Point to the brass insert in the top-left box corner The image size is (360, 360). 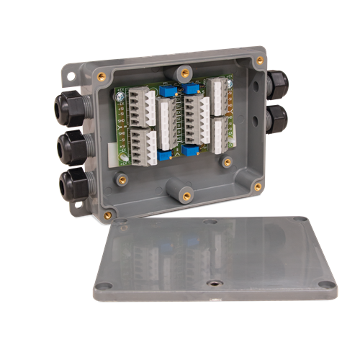(x=101, y=76)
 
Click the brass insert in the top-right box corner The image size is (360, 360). (x=259, y=60)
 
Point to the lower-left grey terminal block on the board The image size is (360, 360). (x=143, y=147)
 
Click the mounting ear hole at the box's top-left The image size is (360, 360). (x=72, y=74)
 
